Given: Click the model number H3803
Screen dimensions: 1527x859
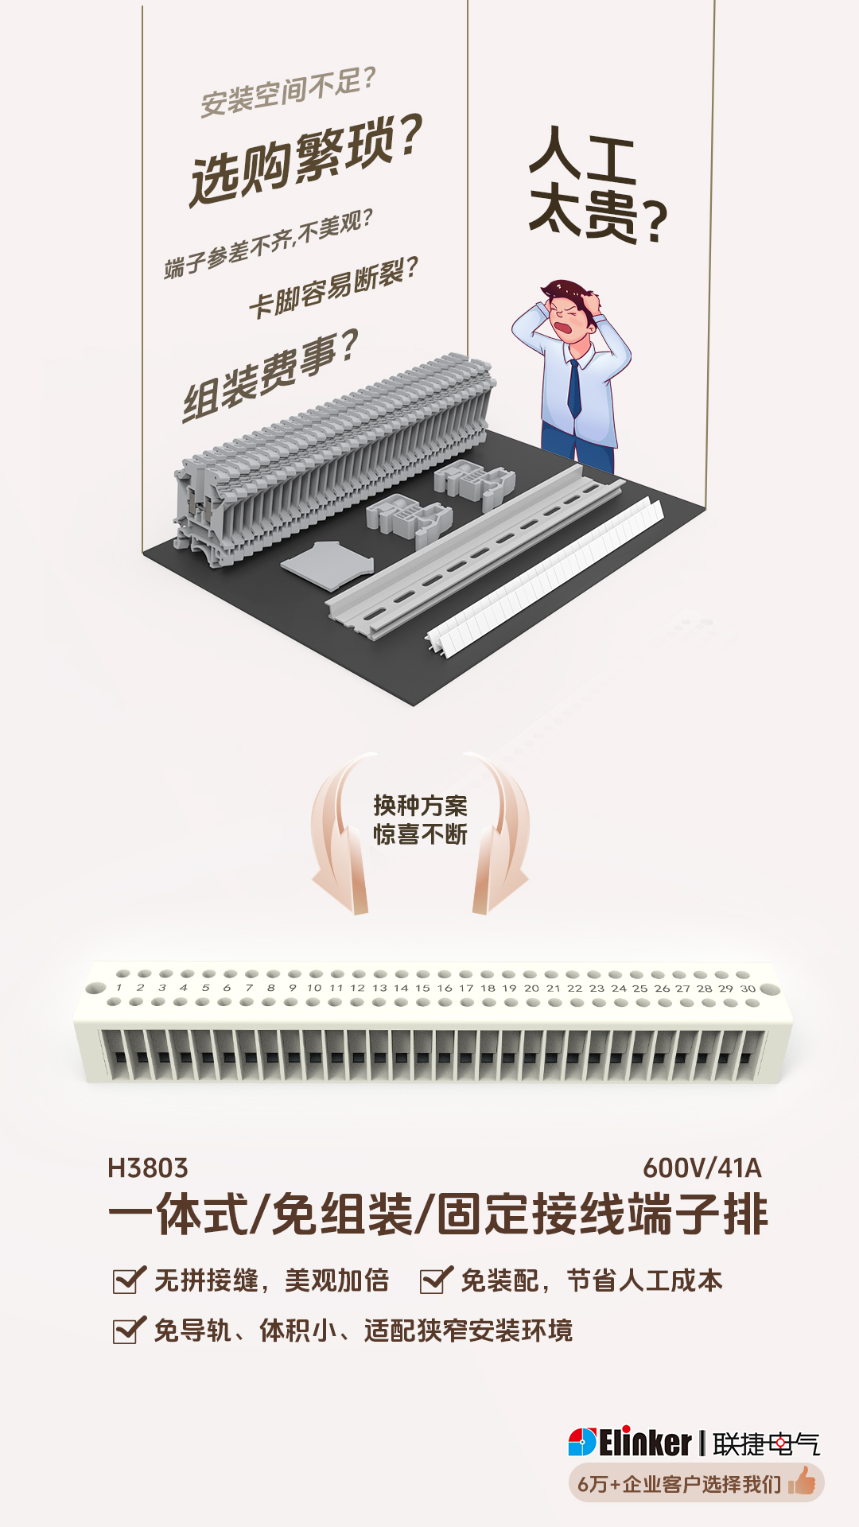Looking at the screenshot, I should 148,1168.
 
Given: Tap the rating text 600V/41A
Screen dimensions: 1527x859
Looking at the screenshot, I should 702,1168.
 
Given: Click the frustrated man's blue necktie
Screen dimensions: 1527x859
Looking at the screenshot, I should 574,390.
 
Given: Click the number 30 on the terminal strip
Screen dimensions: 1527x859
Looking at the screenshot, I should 748,989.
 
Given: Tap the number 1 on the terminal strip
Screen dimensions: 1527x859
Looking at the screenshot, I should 119,988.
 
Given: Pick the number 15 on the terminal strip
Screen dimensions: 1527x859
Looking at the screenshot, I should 422,989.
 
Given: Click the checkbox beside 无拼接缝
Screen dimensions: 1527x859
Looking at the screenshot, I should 128,1280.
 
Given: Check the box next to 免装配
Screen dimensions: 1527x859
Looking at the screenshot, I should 435,1280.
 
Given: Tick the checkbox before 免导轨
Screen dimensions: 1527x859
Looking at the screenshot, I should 128,1331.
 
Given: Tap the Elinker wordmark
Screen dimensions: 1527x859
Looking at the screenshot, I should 645,1443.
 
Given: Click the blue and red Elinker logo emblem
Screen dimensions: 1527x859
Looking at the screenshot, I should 582,1443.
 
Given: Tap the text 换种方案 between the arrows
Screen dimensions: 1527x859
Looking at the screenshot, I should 420,806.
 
